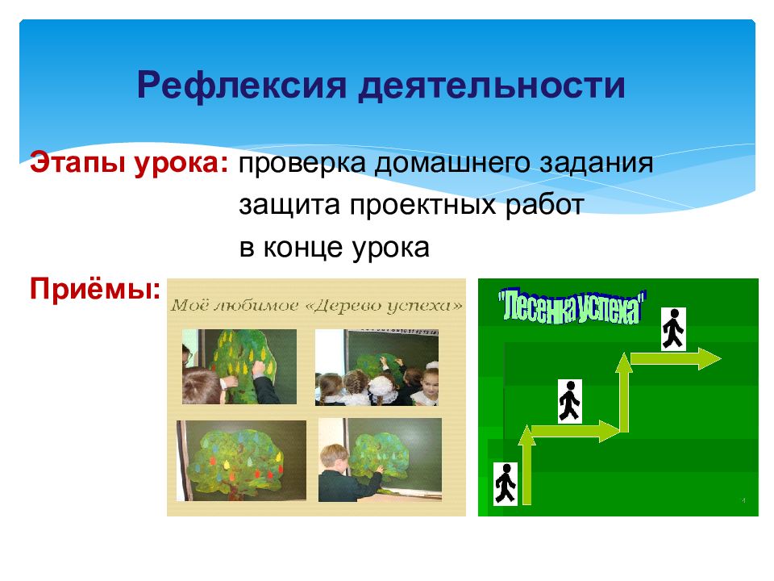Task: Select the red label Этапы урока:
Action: click(x=129, y=164)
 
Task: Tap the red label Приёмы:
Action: click(x=94, y=288)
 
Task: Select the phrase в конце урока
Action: click(x=333, y=248)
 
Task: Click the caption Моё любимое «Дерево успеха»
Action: click(x=317, y=306)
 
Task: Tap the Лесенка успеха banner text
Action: click(x=572, y=305)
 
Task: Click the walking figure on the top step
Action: click(x=673, y=328)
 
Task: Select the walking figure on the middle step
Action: click(x=569, y=401)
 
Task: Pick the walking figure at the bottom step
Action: click(x=506, y=483)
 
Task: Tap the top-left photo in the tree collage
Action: click(x=239, y=366)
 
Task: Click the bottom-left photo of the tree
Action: click(x=241, y=460)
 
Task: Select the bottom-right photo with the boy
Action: click(x=380, y=460)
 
